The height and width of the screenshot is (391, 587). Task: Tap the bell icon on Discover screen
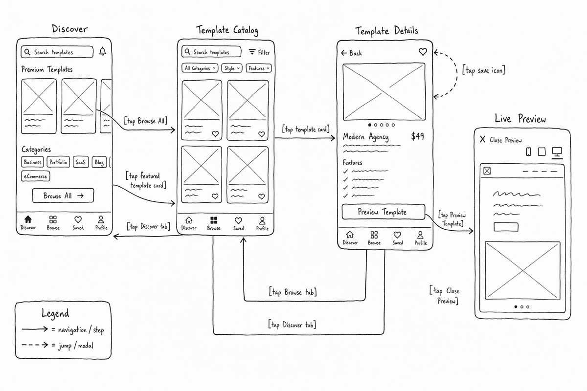tap(103, 51)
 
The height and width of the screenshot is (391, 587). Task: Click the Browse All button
tap(63, 195)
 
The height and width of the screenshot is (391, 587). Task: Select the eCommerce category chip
tap(35, 176)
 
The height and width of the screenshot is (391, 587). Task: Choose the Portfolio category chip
tap(58, 162)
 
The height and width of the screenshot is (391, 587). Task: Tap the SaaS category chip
tap(81, 162)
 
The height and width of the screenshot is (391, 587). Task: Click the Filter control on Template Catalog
tap(259, 52)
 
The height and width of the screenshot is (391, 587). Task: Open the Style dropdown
tap(232, 68)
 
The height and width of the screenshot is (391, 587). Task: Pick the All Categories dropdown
tap(200, 68)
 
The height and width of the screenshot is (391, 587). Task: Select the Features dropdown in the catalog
tap(259, 68)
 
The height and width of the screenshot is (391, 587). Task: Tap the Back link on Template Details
tap(351, 53)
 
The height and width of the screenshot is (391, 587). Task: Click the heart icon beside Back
tap(423, 52)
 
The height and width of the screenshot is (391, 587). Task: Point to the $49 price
tap(417, 136)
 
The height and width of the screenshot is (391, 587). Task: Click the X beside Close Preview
tap(483, 139)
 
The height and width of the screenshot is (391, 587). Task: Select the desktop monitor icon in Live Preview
tap(557, 152)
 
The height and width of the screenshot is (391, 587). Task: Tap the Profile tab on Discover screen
tap(101, 222)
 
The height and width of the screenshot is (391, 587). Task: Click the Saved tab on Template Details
tap(398, 238)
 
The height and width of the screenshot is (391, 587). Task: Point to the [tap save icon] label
tap(484, 70)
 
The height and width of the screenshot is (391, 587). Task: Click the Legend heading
tap(55, 313)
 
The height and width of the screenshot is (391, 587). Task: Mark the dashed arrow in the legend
tap(35, 345)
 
